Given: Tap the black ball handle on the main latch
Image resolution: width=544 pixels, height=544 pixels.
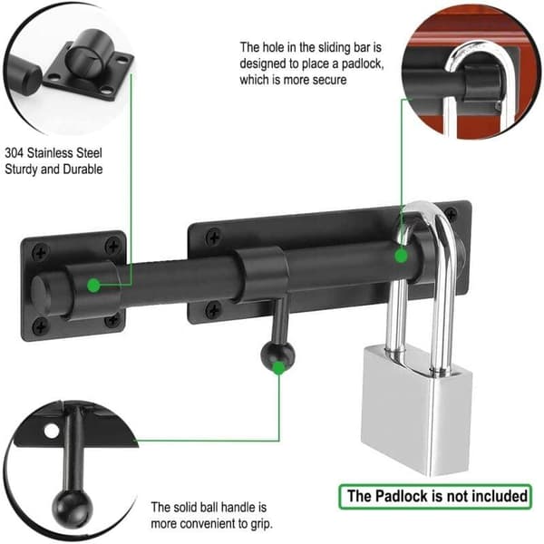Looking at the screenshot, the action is click(x=277, y=356).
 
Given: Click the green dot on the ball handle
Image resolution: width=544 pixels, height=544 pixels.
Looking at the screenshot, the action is click(x=278, y=368).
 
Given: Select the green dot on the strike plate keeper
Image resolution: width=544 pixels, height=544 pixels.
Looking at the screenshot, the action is click(x=93, y=286).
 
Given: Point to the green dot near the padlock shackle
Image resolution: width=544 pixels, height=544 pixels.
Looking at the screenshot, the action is click(x=402, y=257).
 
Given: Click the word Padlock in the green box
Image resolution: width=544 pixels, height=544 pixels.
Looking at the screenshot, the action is click(x=402, y=496).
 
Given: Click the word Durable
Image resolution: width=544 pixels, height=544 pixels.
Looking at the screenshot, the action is click(x=83, y=170).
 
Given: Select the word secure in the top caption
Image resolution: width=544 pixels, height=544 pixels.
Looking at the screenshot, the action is click(x=329, y=80).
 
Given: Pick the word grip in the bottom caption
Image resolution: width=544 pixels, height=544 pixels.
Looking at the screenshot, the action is click(x=261, y=524).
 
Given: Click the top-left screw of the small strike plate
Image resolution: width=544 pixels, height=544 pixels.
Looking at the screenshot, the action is click(x=41, y=253).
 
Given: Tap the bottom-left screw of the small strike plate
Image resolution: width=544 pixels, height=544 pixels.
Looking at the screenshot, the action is click(x=41, y=325).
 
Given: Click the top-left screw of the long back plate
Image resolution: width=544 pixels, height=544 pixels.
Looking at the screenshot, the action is click(x=213, y=237).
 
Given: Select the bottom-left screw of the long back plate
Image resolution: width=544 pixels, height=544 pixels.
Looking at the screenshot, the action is click(x=213, y=309).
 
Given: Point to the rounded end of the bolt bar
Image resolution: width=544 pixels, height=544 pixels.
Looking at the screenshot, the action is click(x=41, y=296).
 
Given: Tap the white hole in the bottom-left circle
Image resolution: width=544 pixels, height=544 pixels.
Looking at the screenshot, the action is click(x=52, y=431).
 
